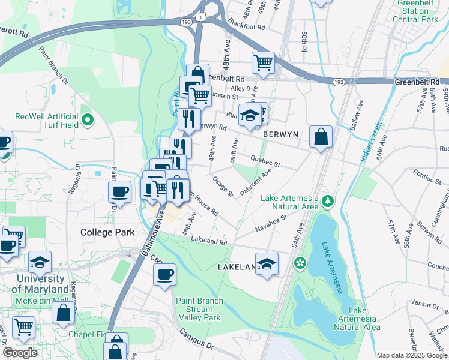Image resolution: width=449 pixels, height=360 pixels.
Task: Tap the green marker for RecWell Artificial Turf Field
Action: click(x=88, y=120)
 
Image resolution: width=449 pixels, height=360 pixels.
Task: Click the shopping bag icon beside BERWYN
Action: click(x=321, y=137)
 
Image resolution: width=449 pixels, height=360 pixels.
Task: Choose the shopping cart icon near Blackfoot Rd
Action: click(x=263, y=62)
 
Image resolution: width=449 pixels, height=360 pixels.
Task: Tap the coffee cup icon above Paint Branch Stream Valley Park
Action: click(x=164, y=275)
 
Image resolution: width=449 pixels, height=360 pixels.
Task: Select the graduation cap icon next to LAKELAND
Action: click(x=267, y=264)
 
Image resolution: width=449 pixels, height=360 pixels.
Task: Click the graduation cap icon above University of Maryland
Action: click(x=40, y=262)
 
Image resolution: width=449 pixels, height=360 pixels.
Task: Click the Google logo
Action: click(x=20, y=353)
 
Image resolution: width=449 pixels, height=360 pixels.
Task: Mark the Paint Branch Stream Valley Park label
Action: click(x=199, y=309)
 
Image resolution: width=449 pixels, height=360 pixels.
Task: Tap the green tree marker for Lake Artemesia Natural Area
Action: click(x=327, y=200)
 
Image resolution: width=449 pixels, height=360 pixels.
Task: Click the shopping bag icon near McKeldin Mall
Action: click(x=63, y=313)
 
